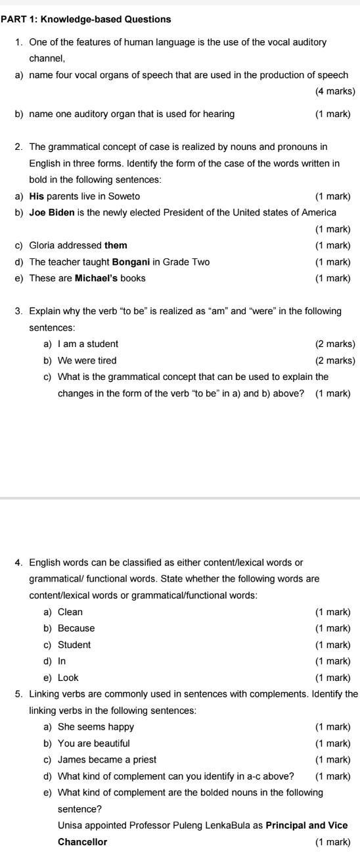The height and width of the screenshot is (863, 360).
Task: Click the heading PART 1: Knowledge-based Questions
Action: pyautogui.click(x=86, y=20)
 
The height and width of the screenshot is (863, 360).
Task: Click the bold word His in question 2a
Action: pyautogui.click(x=37, y=197)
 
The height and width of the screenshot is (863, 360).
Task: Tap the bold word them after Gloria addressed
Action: pyautogui.click(x=116, y=246)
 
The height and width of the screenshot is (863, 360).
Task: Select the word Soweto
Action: pyautogui.click(x=125, y=197)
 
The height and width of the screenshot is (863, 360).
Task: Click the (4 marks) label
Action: pyautogui.click(x=335, y=91)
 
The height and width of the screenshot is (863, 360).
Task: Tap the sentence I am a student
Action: pyautogui.click(x=88, y=344)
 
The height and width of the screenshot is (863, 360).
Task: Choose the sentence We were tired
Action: pyautogui.click(x=87, y=360)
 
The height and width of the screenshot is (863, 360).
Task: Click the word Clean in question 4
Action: pyautogui.click(x=70, y=612)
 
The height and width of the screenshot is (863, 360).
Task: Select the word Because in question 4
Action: pyautogui.click(x=76, y=628)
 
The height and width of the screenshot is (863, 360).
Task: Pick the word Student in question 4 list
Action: pyautogui.click(x=74, y=645)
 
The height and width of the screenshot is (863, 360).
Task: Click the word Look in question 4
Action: pyautogui.click(x=68, y=678)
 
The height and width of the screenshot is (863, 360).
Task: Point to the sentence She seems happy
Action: pyautogui.click(x=96, y=727)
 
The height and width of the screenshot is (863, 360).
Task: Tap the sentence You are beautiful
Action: pyautogui.click(x=94, y=743)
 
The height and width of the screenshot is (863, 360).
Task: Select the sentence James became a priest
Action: pyautogui.click(x=107, y=760)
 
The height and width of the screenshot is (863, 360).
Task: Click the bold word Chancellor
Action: pyautogui.click(x=83, y=842)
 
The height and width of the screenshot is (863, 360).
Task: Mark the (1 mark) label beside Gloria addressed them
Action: pyautogui.click(x=333, y=246)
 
